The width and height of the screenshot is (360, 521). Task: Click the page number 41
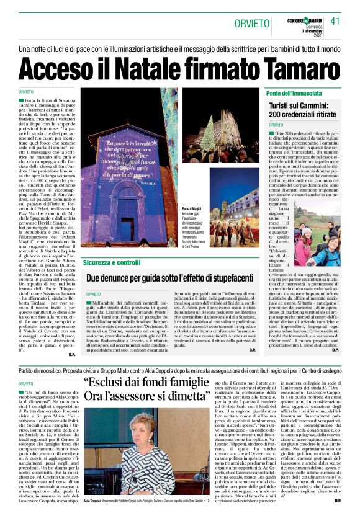(336, 21)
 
